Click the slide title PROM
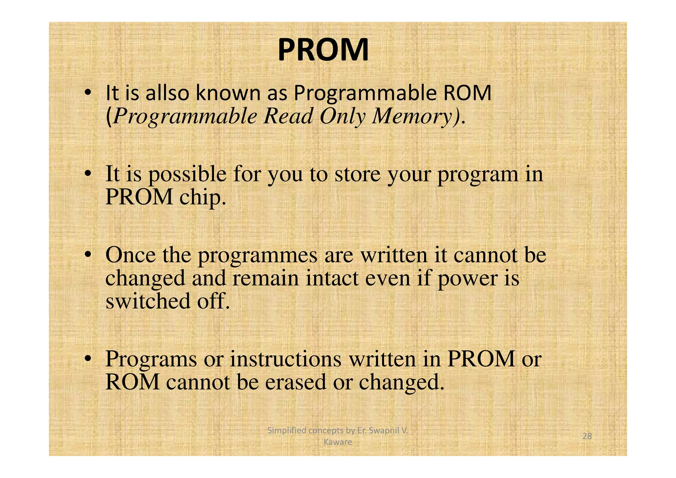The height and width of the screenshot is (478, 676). pos(323,50)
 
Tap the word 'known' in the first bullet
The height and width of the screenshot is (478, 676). pos(228,93)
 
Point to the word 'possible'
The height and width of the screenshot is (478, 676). pos(187,174)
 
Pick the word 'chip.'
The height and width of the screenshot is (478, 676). pos(203,198)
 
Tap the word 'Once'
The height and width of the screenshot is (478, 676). pos(130,255)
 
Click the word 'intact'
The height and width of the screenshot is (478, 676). pos(332,278)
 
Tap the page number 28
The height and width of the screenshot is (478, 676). pos(587,436)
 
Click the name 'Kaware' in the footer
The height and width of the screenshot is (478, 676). pos(337,442)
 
